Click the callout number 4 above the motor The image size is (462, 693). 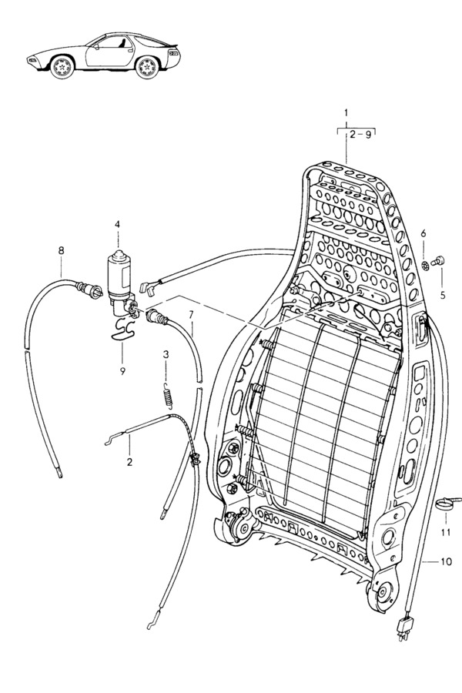[117, 224]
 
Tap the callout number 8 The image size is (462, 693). [61, 250]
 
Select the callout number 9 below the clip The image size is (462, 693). [122, 371]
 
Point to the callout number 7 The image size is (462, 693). [191, 315]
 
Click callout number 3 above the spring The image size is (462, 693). [166, 354]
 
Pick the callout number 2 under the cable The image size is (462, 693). [129, 462]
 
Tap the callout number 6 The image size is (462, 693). [423, 233]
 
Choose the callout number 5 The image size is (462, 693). [443, 295]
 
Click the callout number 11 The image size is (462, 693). [446, 532]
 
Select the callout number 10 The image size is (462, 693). [447, 561]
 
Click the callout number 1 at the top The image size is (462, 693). [346, 112]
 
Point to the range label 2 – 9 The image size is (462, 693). [360, 135]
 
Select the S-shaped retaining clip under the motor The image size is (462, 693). [122, 330]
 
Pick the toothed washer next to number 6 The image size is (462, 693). [425, 266]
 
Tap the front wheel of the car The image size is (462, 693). [62, 67]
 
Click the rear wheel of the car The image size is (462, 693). [146, 68]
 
